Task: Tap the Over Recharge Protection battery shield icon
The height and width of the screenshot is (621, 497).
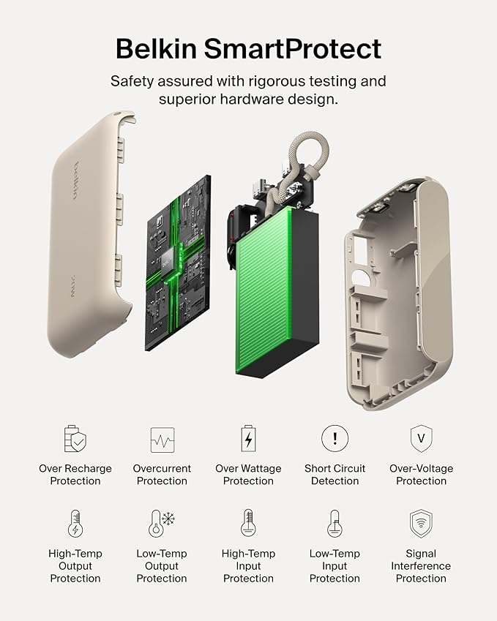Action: click(x=75, y=439)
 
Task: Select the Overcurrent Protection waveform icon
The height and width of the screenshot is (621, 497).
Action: click(x=162, y=440)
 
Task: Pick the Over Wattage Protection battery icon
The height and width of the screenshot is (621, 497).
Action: click(x=248, y=439)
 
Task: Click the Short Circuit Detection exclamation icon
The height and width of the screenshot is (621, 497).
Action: click(x=335, y=439)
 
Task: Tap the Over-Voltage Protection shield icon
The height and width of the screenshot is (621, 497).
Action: click(x=421, y=439)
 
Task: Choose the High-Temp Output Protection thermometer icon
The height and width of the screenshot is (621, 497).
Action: click(x=75, y=524)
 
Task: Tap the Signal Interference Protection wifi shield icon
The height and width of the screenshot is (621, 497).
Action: click(x=421, y=524)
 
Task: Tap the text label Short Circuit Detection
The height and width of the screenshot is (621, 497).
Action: click(x=335, y=475)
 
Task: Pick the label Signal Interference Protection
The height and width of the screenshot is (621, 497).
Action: click(x=421, y=566)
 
